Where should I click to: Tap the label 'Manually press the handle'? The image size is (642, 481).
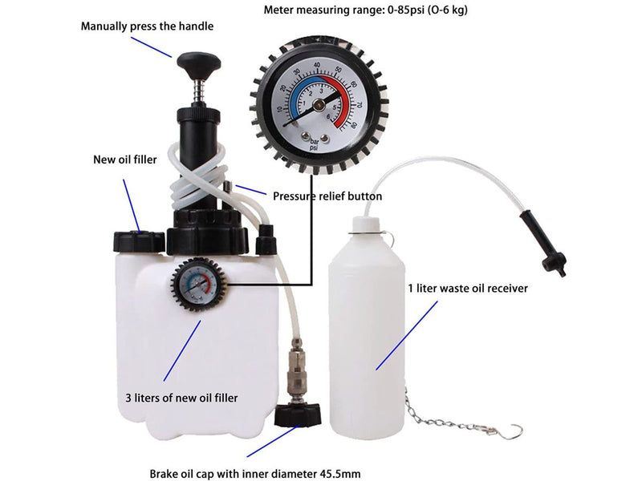147,26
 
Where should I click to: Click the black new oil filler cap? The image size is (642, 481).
139,239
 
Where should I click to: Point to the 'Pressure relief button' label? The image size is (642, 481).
327,196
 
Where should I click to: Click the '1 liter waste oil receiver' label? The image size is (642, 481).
467,289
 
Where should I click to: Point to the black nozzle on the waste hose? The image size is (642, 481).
551,245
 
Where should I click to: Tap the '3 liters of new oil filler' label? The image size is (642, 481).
181,397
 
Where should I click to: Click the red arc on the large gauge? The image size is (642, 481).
347,110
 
